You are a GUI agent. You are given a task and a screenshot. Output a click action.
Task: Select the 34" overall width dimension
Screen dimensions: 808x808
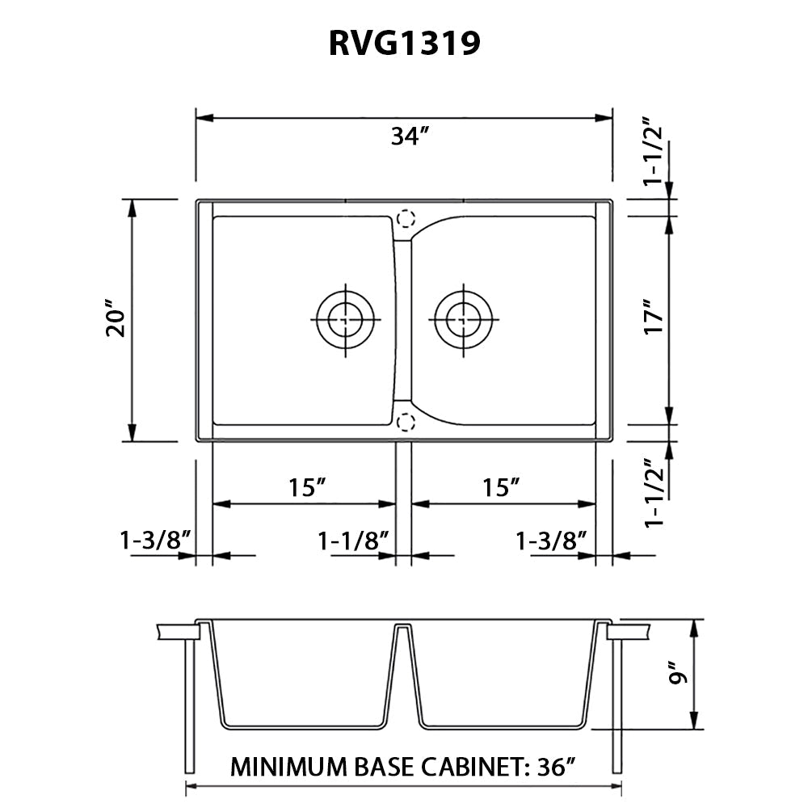[408, 137]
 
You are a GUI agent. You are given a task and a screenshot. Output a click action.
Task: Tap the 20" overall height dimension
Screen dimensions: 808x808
[117, 322]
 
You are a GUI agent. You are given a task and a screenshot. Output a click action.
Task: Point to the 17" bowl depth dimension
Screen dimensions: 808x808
[654, 319]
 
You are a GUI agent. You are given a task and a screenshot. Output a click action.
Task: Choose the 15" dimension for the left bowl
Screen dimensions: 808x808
[307, 487]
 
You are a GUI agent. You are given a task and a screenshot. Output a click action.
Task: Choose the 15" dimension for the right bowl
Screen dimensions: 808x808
[500, 487]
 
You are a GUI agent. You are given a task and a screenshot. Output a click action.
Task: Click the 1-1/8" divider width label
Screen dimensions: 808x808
[354, 540]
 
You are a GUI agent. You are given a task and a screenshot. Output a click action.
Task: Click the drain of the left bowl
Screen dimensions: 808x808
[346, 319]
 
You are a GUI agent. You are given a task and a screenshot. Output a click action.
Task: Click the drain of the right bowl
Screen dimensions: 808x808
[463, 319]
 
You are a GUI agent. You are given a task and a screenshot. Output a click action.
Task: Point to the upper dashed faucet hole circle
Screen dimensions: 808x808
[406, 218]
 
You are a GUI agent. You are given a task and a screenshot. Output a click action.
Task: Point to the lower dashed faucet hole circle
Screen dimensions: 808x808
[406, 421]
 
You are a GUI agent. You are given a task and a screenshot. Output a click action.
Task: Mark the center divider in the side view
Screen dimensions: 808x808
[404, 671]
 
